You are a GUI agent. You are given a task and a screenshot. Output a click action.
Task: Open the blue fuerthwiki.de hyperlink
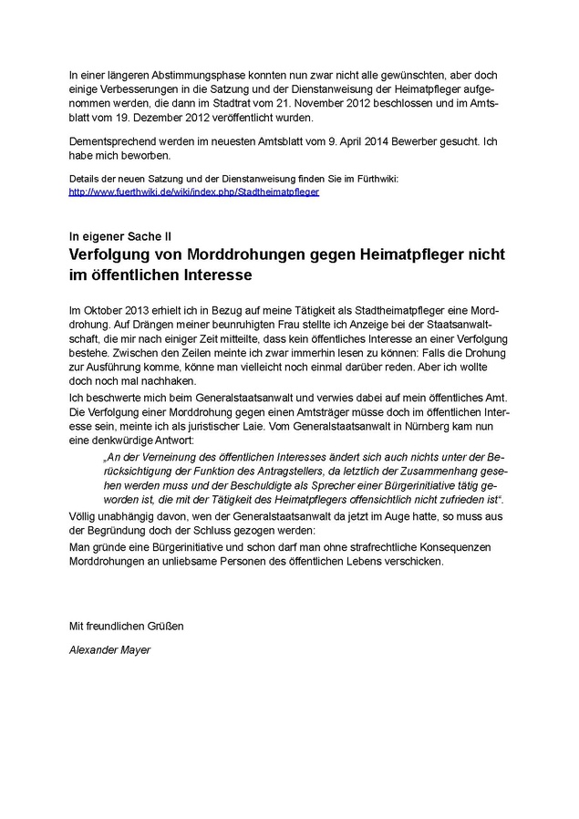click(x=194, y=193)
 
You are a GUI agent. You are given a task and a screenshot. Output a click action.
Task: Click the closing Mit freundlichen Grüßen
click(x=127, y=626)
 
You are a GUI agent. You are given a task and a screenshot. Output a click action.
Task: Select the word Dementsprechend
click(x=116, y=142)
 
